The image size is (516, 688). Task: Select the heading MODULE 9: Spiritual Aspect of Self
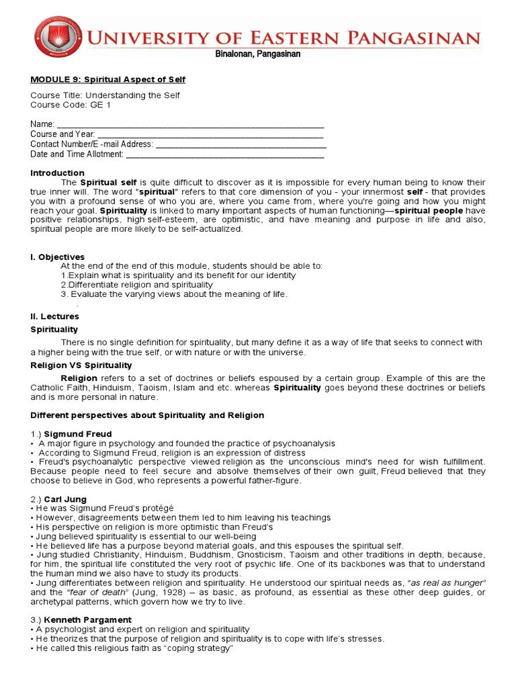pos(107,79)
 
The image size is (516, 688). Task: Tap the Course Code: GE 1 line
pos(71,105)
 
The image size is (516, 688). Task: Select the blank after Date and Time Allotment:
pos(225,154)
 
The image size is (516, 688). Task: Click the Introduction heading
pos(57,173)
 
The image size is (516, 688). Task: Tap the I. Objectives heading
pos(58,257)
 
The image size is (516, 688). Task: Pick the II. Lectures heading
pos(54,316)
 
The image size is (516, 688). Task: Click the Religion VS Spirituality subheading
pos(81,365)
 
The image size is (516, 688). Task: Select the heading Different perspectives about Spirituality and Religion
pos(147,415)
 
